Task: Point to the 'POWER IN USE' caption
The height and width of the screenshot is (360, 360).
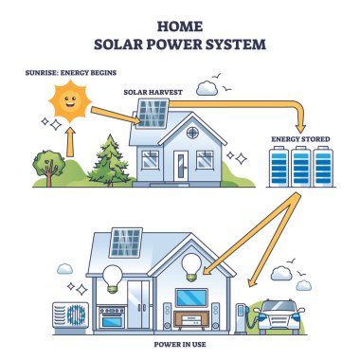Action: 179,342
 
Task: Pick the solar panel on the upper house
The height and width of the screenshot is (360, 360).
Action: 153,115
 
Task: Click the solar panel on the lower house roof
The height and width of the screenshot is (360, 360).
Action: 127,243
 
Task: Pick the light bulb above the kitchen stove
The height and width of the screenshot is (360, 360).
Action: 112,276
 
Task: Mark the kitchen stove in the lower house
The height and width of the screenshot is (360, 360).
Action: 111,313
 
